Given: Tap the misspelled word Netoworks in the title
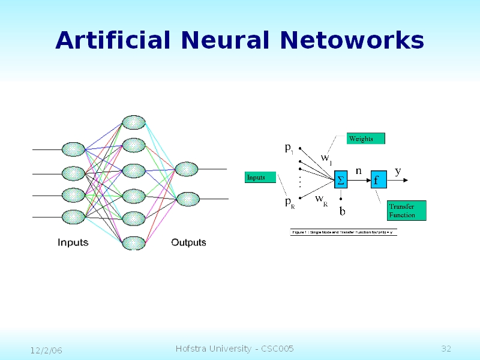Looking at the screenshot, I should pyautogui.click(x=352, y=40).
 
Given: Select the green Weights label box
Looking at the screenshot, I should pyautogui.click(x=365, y=139).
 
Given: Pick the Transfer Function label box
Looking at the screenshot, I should pyautogui.click(x=406, y=211).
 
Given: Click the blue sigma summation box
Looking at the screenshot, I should pyautogui.click(x=341, y=179).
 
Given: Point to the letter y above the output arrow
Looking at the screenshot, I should pyautogui.click(x=398, y=171).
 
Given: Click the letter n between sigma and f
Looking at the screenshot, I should pyautogui.click(x=358, y=170).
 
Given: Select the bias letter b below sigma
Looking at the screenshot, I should pyautogui.click(x=343, y=211).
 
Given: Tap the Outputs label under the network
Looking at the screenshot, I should pyautogui.click(x=188, y=242).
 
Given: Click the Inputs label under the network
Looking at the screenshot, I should pyautogui.click(x=73, y=242).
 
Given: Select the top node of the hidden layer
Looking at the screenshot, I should pyautogui.click(x=133, y=122).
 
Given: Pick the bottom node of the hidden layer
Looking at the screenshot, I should pyautogui.click(x=133, y=242).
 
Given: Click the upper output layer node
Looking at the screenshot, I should pyautogui.click(x=186, y=169).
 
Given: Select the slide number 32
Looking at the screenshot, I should pyautogui.click(x=446, y=349).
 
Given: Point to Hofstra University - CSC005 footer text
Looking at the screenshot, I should pyautogui.click(x=235, y=349).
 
